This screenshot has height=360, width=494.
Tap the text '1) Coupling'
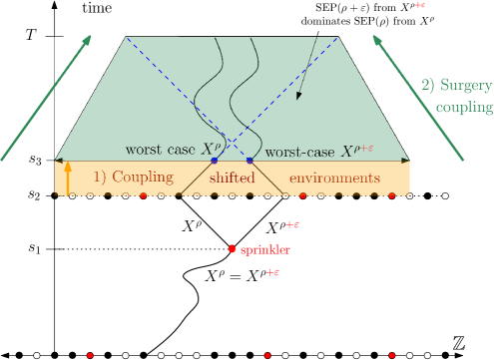coord(134,178)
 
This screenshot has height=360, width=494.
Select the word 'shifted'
coord(232,178)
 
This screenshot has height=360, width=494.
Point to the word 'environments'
coord(334,178)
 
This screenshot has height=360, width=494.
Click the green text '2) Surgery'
coord(456,86)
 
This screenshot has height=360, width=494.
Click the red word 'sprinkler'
coord(264,249)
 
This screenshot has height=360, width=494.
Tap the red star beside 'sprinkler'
coord(232,249)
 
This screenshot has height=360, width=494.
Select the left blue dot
coord(214,160)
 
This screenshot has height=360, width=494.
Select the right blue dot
coord(249,160)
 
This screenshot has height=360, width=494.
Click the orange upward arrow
coord(68,180)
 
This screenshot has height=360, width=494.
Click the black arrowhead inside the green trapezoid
coord(298,97)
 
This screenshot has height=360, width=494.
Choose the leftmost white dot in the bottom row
coord(37,354)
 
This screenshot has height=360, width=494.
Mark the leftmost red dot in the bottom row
coord(90,354)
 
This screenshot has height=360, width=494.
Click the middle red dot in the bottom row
coord(267,354)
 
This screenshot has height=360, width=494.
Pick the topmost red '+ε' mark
coord(420,5)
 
